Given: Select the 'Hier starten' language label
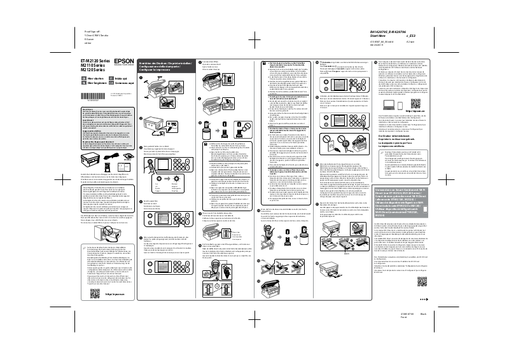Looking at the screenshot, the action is pyautogui.click(x=97, y=77).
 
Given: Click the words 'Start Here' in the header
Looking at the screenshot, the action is pyautogui.click(x=379, y=36).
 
